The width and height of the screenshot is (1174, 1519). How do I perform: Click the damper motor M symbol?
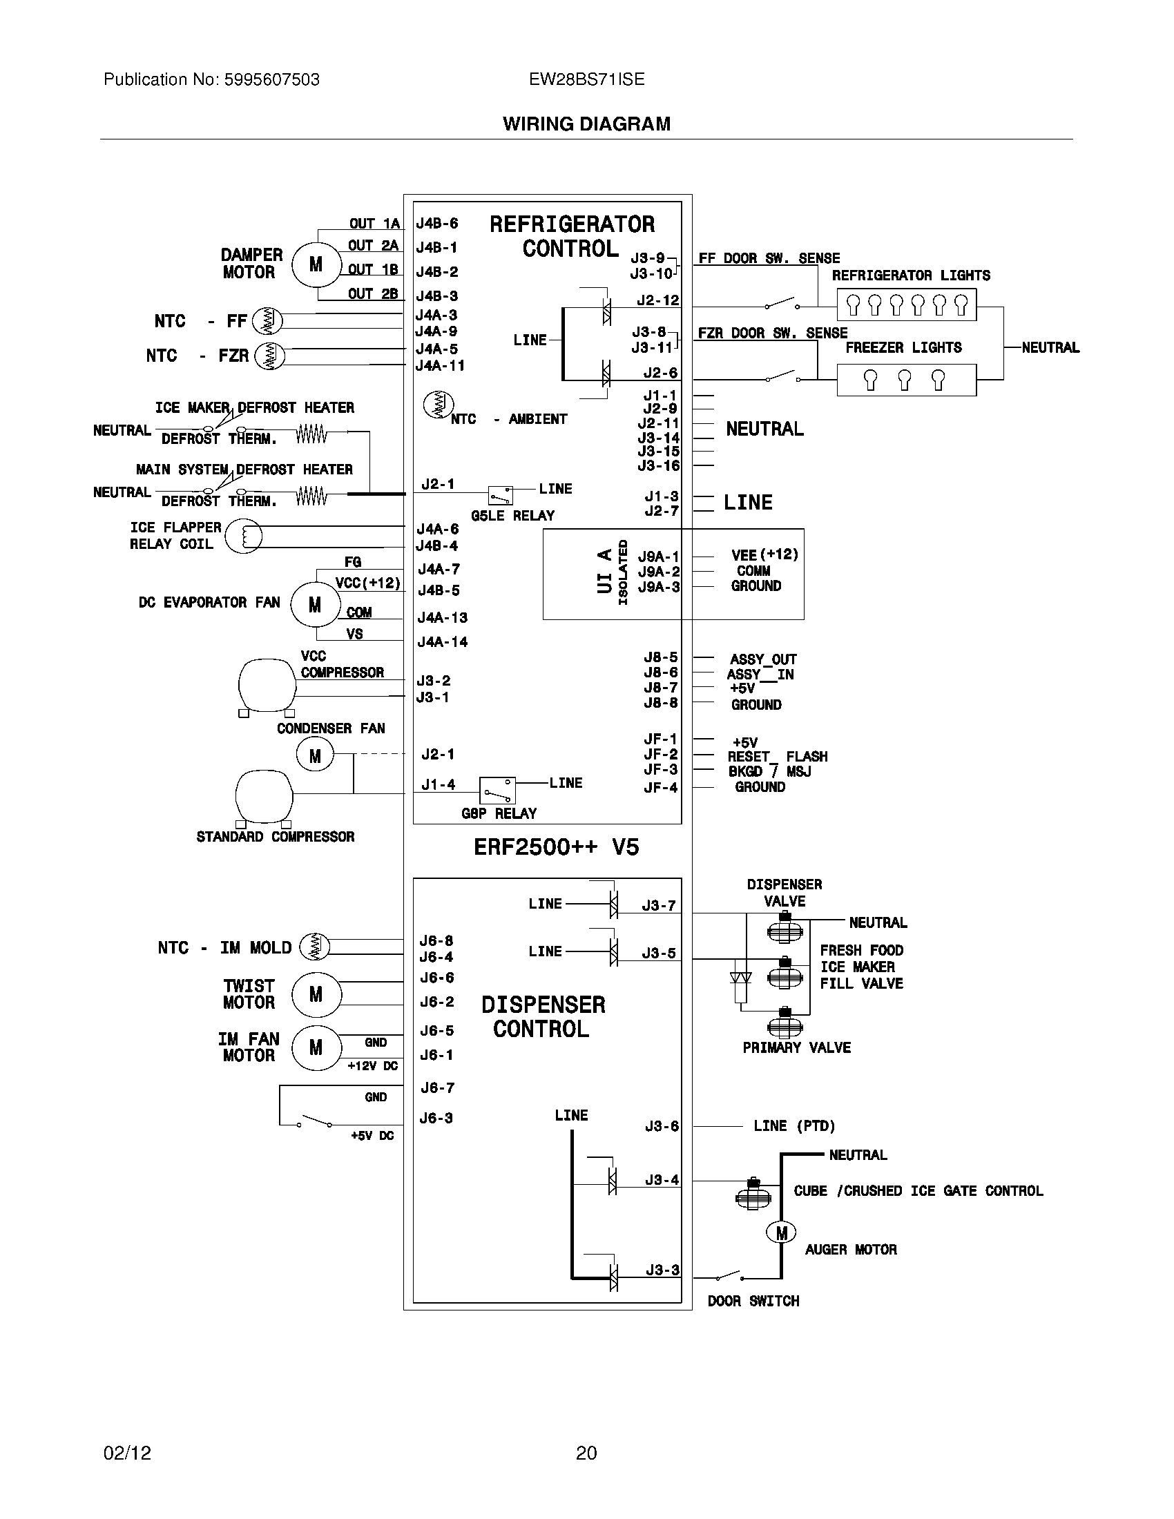(x=316, y=264)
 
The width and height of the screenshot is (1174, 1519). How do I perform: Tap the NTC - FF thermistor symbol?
(x=267, y=320)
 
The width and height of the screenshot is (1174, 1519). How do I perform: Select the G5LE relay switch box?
(x=501, y=495)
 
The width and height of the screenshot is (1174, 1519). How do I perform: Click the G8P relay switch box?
(x=498, y=790)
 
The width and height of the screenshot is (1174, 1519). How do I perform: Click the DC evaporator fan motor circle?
(x=314, y=605)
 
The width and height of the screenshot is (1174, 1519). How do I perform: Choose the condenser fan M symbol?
(x=315, y=755)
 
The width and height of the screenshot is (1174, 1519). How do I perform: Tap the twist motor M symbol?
(x=316, y=994)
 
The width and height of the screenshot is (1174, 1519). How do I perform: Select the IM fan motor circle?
(x=316, y=1047)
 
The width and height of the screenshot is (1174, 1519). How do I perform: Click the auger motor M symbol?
(x=781, y=1232)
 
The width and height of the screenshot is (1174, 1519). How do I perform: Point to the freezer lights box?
(x=906, y=380)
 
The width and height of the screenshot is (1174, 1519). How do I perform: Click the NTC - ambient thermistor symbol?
(x=438, y=405)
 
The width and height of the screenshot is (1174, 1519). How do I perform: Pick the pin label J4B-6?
(x=436, y=223)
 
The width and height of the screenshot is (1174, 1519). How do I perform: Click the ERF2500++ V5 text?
(x=556, y=846)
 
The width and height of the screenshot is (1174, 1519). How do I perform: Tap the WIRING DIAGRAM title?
(x=586, y=124)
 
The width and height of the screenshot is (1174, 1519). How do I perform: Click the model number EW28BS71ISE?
(x=586, y=79)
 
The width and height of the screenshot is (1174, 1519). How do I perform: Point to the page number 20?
(x=586, y=1453)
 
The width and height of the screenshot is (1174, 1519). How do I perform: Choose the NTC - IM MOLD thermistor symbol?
(x=314, y=947)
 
